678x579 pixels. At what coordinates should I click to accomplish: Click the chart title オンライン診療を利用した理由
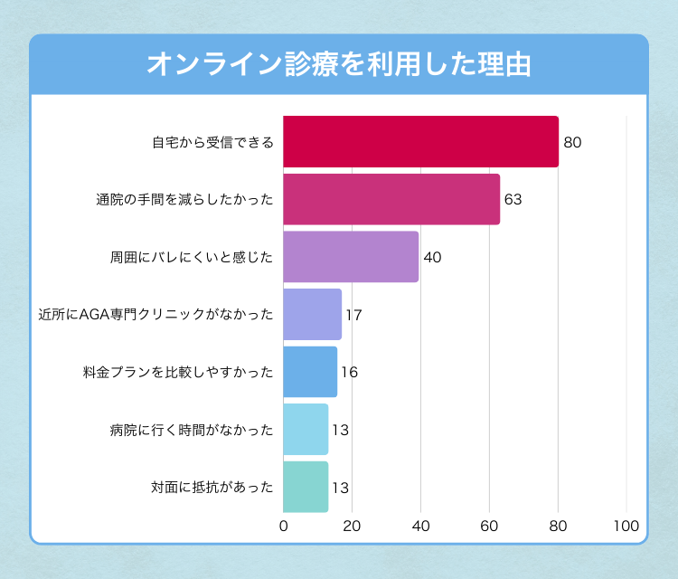(338, 65)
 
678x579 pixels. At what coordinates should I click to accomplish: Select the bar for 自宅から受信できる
(420, 142)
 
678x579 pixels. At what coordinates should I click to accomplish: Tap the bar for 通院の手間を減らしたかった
(391, 199)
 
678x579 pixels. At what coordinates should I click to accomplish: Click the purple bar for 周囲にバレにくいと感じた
(351, 257)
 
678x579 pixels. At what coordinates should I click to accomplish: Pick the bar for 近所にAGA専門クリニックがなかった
(312, 315)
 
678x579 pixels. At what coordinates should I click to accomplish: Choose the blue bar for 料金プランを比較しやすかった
(310, 372)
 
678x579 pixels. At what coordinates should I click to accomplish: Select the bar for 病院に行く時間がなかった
(306, 430)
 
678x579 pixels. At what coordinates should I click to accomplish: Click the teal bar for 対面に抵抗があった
(306, 487)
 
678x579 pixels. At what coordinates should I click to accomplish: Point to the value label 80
(571, 143)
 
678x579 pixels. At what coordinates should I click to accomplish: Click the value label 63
(513, 200)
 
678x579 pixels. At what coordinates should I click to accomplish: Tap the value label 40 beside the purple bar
(432, 258)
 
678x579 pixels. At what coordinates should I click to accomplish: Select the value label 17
(353, 315)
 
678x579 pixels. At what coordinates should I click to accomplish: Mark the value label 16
(349, 373)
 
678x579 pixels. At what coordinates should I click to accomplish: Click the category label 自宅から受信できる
(212, 143)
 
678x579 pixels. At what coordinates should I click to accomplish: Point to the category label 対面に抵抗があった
(212, 488)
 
